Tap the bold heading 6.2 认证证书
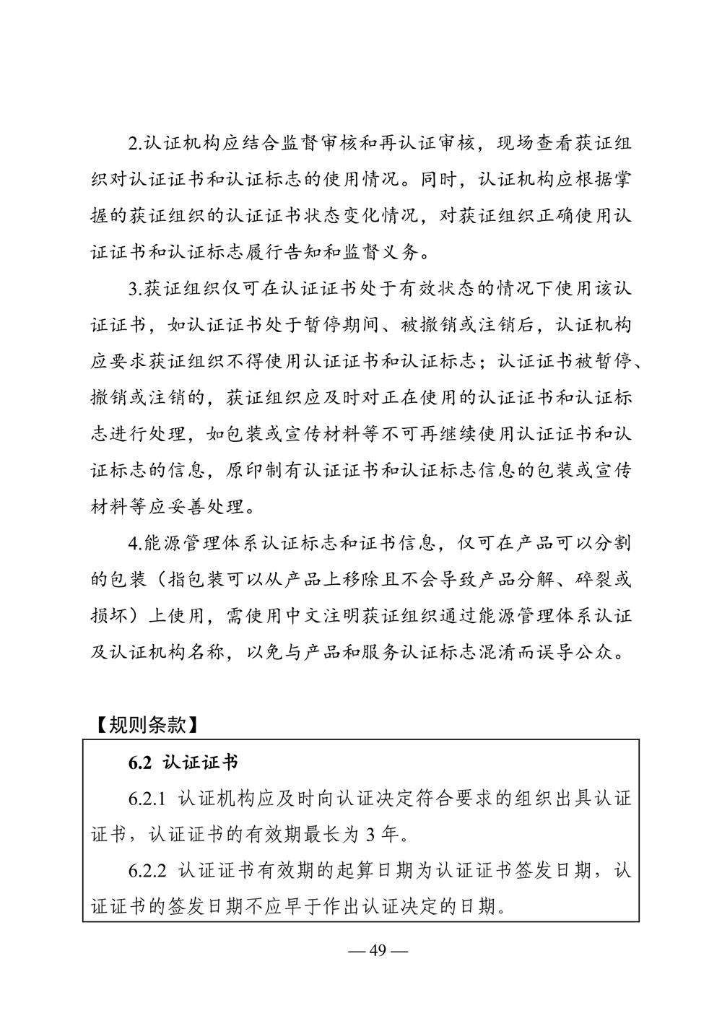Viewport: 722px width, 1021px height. tap(183, 763)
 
